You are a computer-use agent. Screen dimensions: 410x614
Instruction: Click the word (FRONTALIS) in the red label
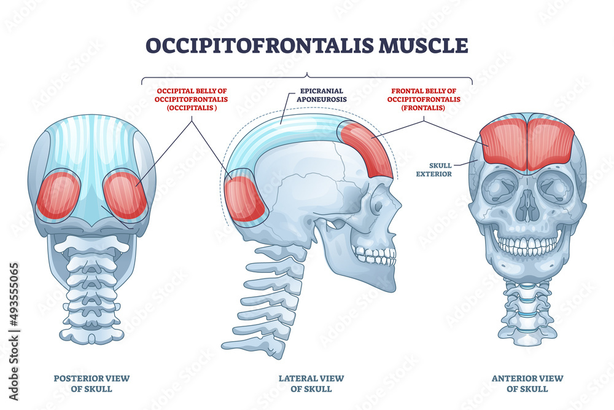click(416, 107)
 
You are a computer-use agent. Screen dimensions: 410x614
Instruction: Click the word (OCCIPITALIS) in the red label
click(192, 107)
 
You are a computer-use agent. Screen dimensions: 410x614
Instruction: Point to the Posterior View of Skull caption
click(91, 383)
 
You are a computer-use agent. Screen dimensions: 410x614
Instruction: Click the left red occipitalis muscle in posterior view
click(59, 195)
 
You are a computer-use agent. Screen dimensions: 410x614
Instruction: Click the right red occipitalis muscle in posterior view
click(125, 195)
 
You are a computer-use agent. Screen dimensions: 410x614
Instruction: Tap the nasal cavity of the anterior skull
click(527, 207)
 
